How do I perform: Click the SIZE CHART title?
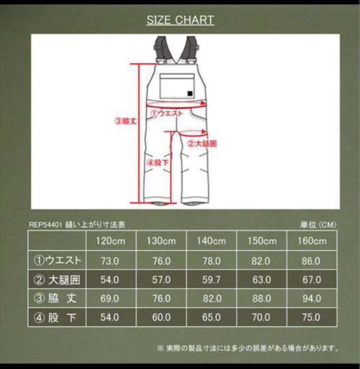click(x=180, y=20)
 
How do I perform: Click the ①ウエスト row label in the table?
click(x=57, y=261)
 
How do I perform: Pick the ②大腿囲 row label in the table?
click(x=57, y=280)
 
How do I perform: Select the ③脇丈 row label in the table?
click(x=57, y=299)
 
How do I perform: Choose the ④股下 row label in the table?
click(x=57, y=318)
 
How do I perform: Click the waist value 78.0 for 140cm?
click(x=211, y=261)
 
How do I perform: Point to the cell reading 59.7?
click(x=211, y=280)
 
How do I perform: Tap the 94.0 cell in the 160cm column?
click(x=311, y=299)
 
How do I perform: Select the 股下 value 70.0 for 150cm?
click(x=262, y=318)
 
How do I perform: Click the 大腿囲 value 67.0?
click(x=311, y=280)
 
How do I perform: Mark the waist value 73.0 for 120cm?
click(x=110, y=261)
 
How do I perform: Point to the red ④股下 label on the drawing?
click(x=158, y=163)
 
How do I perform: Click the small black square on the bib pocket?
click(x=189, y=93)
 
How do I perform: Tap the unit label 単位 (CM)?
click(x=318, y=225)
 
